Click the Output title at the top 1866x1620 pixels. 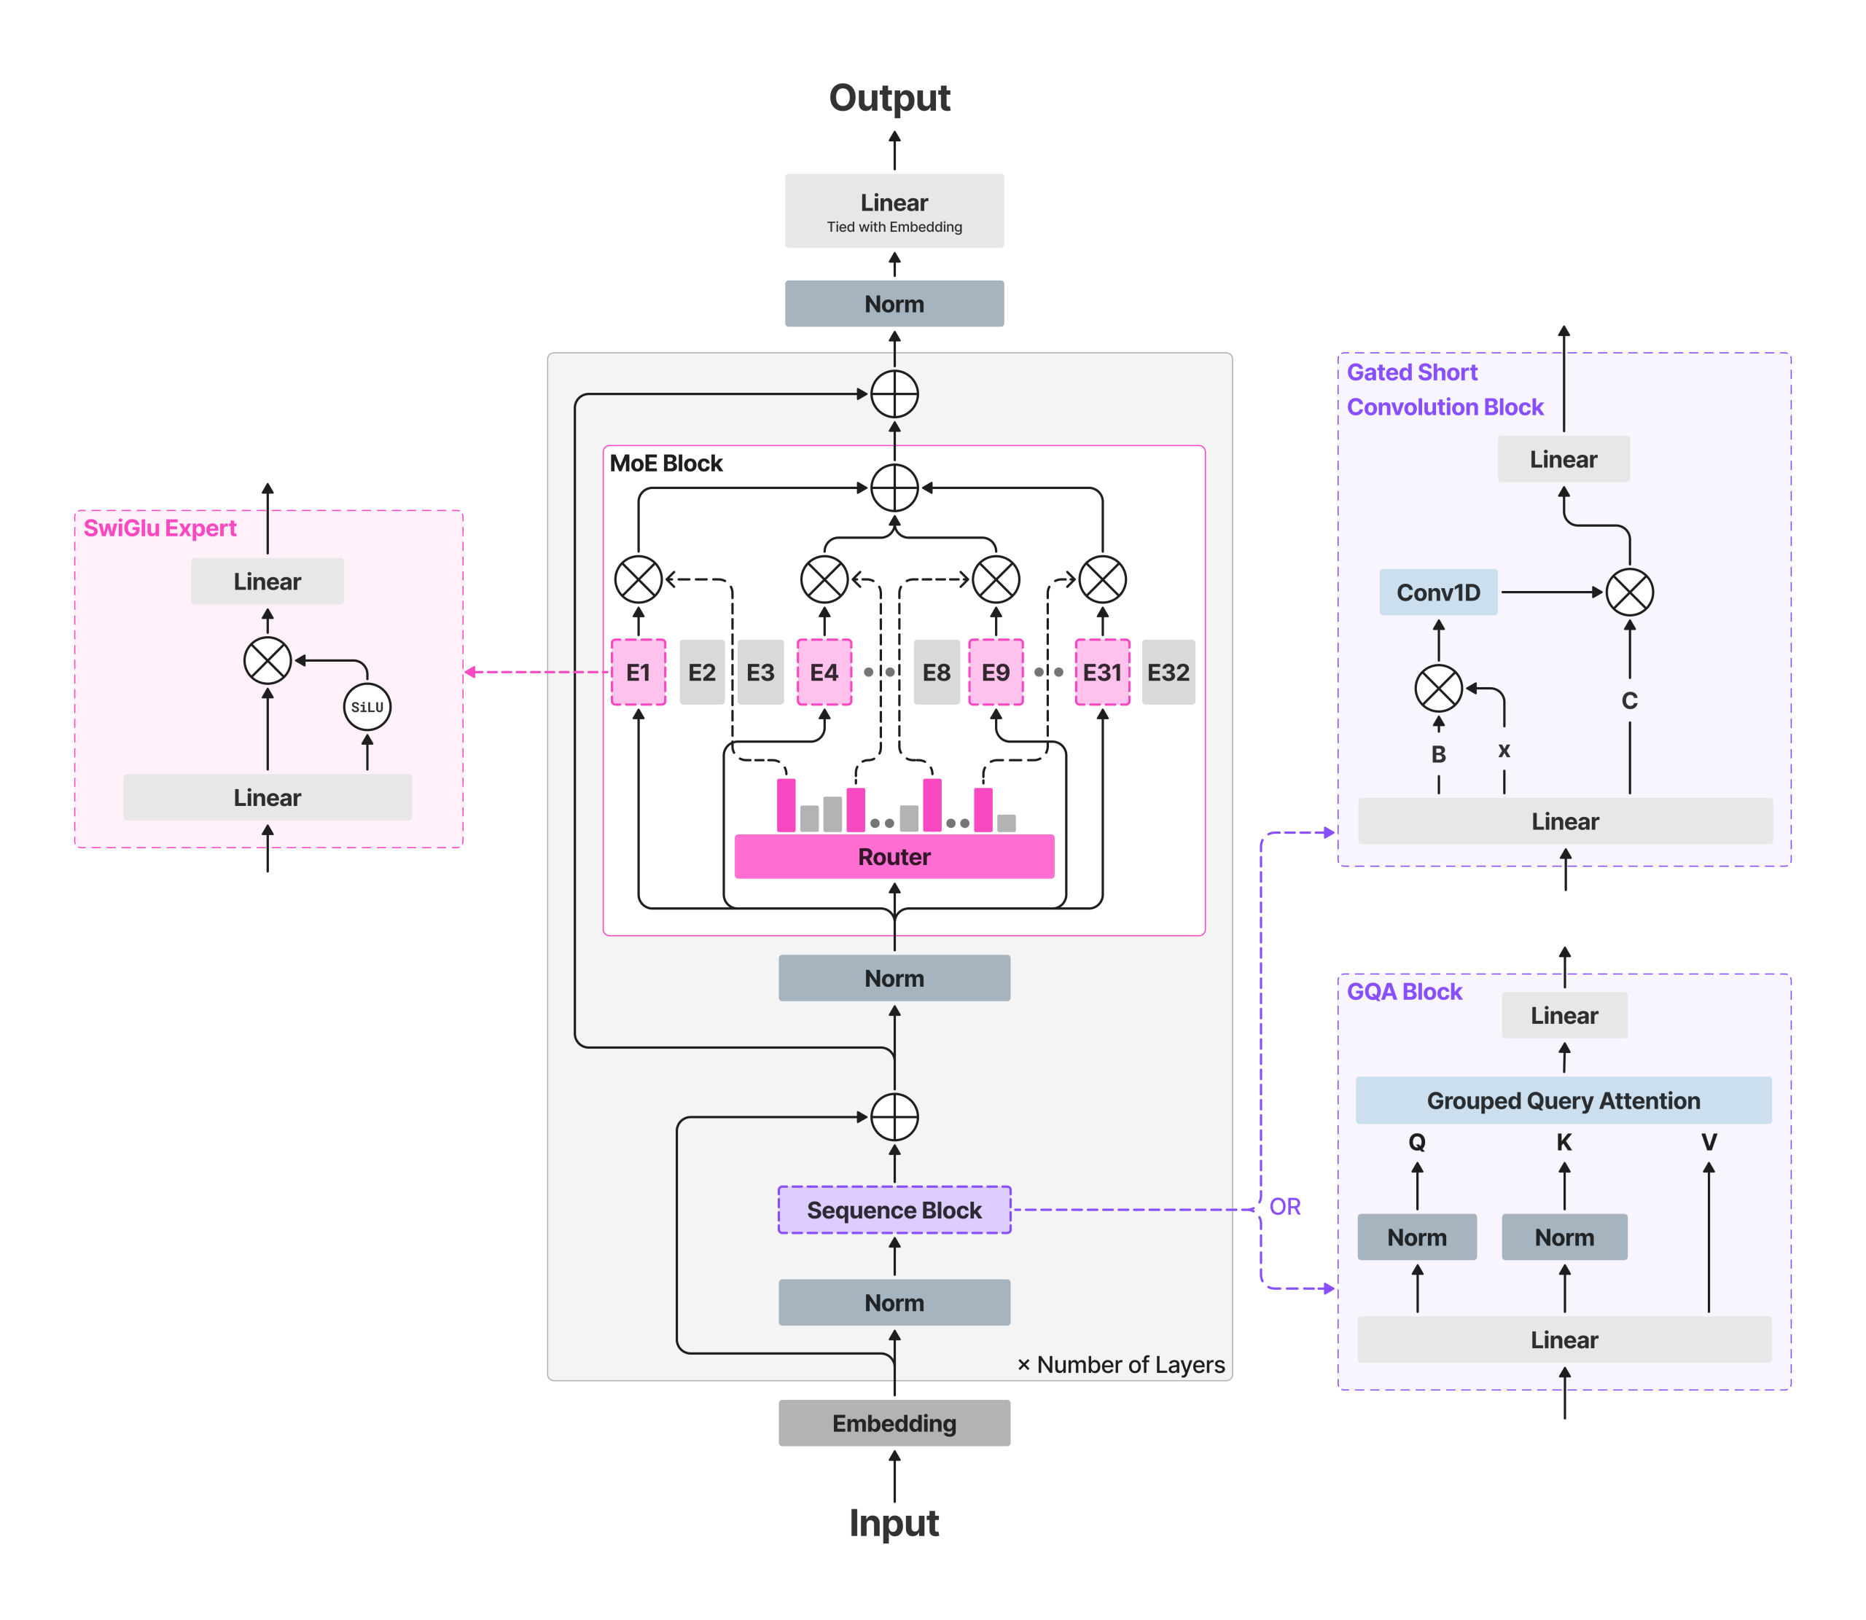click(x=889, y=98)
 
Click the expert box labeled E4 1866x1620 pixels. click(x=824, y=672)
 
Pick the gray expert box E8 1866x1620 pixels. click(x=936, y=672)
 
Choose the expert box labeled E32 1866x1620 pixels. click(x=1167, y=672)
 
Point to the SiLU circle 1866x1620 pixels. click(x=367, y=707)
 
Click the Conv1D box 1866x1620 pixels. click(x=1437, y=592)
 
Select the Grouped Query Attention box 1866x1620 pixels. click(x=1562, y=1100)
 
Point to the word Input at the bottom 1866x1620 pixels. click(x=893, y=1523)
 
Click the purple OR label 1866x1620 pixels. click(x=1284, y=1206)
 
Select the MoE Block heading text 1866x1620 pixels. click(x=666, y=463)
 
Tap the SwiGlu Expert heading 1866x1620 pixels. click(x=160, y=528)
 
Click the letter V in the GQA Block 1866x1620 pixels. click(x=1708, y=1142)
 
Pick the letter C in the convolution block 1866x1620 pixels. click(x=1629, y=700)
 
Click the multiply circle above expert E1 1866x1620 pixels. click(x=639, y=579)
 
